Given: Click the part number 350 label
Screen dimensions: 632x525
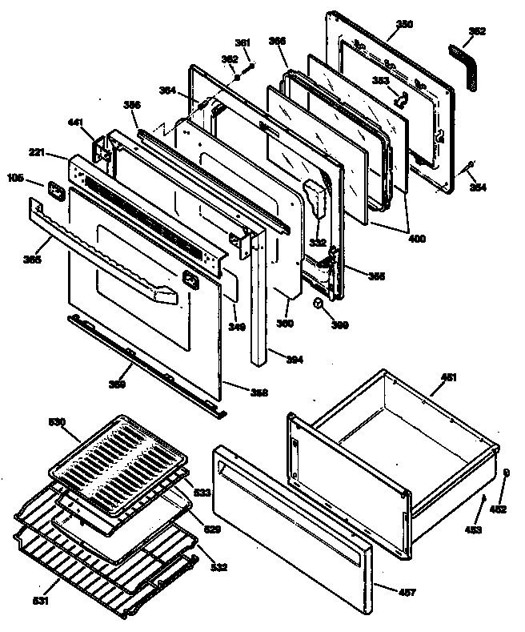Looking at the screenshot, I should click(405, 25).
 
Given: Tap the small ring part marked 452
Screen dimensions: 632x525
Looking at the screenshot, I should click(506, 473).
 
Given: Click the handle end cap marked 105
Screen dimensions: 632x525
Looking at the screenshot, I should click(56, 191).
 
